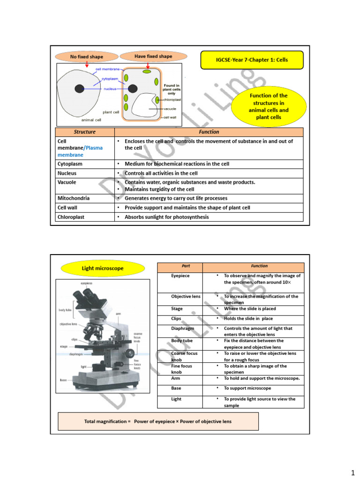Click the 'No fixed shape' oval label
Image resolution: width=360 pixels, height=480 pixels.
(x=86, y=57)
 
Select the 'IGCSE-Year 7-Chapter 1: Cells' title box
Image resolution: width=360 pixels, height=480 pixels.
(x=252, y=60)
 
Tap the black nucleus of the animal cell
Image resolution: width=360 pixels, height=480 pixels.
(x=80, y=88)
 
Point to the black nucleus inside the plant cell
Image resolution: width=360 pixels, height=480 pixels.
(x=133, y=88)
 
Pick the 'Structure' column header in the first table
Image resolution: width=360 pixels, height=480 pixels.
(x=84, y=132)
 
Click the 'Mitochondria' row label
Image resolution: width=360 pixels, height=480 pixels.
(x=74, y=198)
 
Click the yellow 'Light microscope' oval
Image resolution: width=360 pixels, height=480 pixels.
(x=102, y=268)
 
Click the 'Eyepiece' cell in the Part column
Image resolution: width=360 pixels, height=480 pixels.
(x=180, y=276)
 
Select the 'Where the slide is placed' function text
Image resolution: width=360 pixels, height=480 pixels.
(x=249, y=309)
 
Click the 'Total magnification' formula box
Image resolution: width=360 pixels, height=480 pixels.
(x=157, y=421)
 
